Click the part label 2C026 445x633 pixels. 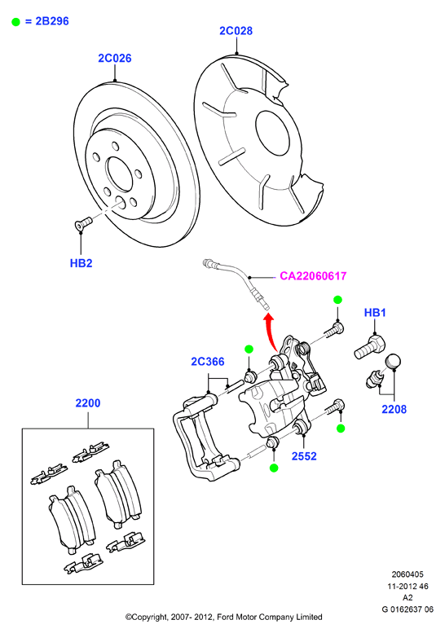tap(115, 58)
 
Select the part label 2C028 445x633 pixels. tap(236, 31)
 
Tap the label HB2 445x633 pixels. tap(82, 263)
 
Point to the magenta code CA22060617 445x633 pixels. tap(313, 276)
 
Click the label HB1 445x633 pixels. tap(375, 313)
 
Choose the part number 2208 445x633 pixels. tap(394, 409)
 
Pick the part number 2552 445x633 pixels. tap(304, 456)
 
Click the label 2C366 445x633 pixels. tap(208, 362)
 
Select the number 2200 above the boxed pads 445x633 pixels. tap(88, 403)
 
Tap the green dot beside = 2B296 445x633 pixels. tap(15, 22)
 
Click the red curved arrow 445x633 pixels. tap(270, 331)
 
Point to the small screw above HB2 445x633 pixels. tap(82, 223)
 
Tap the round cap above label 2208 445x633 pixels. tap(393, 361)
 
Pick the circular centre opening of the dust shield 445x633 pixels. tap(271, 134)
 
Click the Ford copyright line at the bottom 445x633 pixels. tap(223, 617)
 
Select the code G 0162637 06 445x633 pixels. tap(408, 609)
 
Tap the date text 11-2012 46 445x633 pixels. tap(408, 587)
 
